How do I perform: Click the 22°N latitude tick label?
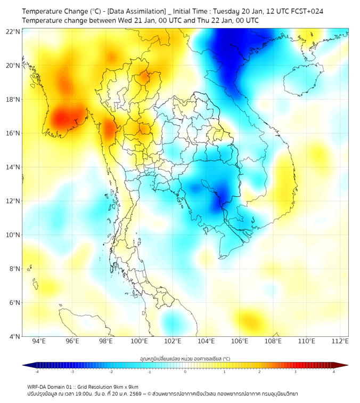[13, 32]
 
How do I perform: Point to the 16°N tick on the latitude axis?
[13, 133]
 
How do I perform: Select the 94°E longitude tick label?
[39, 341]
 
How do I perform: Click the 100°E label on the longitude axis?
[140, 341]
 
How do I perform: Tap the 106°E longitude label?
[240, 341]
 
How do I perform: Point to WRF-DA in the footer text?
[37, 386]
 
